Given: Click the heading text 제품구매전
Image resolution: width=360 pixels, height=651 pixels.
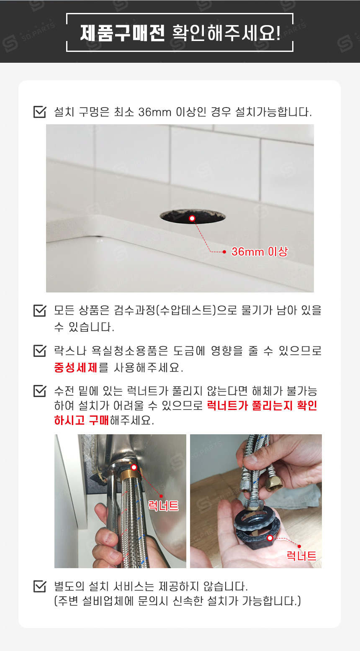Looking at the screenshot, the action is coord(123,33).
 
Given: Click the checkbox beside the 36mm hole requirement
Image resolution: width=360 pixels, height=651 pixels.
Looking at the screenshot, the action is coord(39,112).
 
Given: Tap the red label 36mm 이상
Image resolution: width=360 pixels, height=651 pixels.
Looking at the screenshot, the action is coord(260,252).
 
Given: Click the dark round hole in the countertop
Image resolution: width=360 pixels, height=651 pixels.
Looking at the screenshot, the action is coord(193,217).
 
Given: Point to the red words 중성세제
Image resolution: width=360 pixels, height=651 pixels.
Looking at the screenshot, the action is coord(76,368).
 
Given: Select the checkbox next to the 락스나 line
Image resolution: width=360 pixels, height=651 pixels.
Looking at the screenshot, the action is coord(39,351).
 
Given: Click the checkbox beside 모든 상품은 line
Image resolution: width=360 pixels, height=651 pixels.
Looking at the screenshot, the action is coord(39,310).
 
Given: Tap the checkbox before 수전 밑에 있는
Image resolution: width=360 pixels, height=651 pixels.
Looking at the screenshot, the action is coord(39,391).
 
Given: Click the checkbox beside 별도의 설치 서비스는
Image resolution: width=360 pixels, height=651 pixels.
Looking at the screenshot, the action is coord(39,586).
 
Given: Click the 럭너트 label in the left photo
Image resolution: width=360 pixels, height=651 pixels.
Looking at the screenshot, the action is coord(163,506).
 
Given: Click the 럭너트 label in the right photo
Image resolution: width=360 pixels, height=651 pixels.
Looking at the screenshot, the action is coord(301,556).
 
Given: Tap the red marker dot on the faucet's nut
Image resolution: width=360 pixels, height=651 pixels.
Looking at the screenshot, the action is coord(134,467).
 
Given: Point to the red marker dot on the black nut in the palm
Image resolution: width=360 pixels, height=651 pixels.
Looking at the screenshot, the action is coord(270,538).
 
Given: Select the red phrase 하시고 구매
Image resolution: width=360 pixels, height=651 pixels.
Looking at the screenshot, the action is coord(82,420).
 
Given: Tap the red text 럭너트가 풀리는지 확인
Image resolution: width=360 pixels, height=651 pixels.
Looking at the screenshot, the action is coord(262,405).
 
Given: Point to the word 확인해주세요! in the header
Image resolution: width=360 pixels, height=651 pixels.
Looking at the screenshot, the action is coord(226,33).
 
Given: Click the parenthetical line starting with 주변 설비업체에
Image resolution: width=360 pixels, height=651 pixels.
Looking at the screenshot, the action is coord(177,601).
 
